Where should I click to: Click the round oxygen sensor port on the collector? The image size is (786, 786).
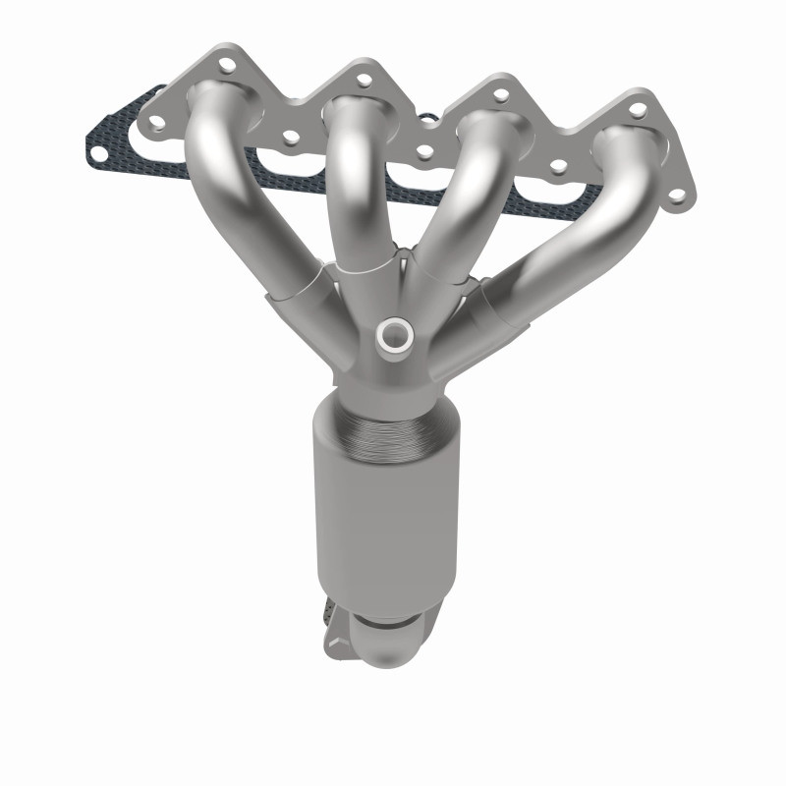point(397,335)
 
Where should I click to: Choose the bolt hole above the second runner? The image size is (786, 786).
point(364,80)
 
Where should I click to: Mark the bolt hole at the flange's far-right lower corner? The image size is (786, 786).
point(677,197)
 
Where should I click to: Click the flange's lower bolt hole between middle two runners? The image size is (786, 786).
point(423,153)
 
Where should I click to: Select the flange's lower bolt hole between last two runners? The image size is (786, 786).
point(558,168)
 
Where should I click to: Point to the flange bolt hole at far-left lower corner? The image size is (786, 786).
point(154,124)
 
